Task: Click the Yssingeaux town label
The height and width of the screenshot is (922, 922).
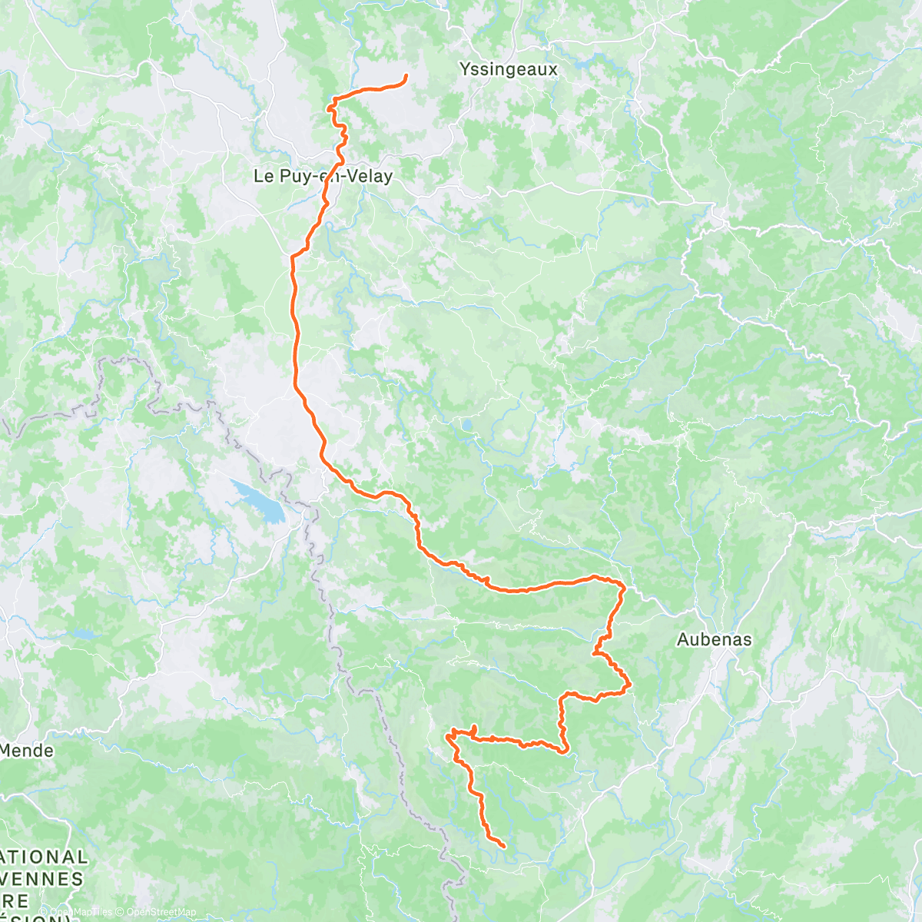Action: click(x=508, y=69)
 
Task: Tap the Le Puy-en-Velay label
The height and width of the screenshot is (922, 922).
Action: click(x=323, y=176)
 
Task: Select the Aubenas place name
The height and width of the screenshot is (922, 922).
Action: click(x=714, y=639)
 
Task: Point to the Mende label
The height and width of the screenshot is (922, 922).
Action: click(x=28, y=750)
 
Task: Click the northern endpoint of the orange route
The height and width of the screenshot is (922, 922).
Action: click(x=405, y=75)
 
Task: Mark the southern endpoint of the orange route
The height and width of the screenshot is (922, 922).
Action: click(x=503, y=846)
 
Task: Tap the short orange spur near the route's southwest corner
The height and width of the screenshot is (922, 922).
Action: click(x=475, y=730)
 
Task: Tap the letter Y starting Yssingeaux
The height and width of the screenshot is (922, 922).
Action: click(x=465, y=69)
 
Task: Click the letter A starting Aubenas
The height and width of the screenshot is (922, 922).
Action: click(x=682, y=639)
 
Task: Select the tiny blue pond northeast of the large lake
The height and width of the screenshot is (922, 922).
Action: click(x=466, y=423)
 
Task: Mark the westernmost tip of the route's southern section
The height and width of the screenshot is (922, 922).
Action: click(x=447, y=737)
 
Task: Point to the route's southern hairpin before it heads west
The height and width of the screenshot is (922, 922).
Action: click(x=565, y=751)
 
